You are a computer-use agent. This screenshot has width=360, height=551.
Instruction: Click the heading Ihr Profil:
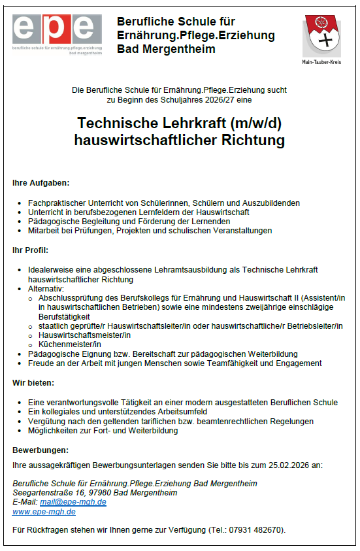[30, 250]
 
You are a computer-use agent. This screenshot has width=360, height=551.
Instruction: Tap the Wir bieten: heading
[33, 382]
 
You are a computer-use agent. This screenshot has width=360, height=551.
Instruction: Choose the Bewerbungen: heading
[41, 450]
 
